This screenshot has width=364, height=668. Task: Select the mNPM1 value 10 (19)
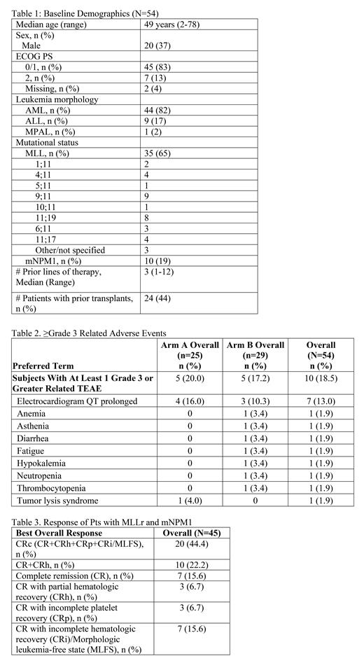(158, 261)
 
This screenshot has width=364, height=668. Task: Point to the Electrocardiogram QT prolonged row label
(78, 401)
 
